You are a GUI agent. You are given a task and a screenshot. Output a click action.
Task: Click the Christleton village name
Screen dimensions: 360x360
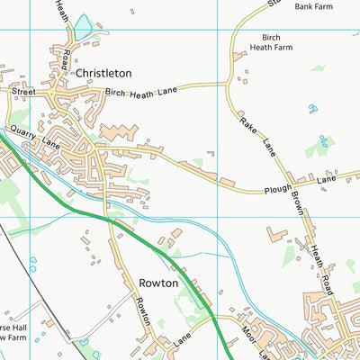[x=103, y=73]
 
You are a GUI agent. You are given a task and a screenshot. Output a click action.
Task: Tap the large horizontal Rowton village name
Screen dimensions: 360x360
[x=158, y=283]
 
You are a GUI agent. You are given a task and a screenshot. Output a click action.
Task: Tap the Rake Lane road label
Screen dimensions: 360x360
[x=256, y=133]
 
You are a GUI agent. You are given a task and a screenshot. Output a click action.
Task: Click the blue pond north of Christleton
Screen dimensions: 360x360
[x=83, y=30]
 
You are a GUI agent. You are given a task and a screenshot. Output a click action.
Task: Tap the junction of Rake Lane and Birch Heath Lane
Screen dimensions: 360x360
[x=229, y=85]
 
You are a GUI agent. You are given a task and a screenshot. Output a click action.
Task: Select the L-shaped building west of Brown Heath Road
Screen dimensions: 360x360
[x=277, y=235]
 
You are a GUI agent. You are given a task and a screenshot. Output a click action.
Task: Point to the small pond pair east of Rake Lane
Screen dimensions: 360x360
[x=312, y=109]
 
